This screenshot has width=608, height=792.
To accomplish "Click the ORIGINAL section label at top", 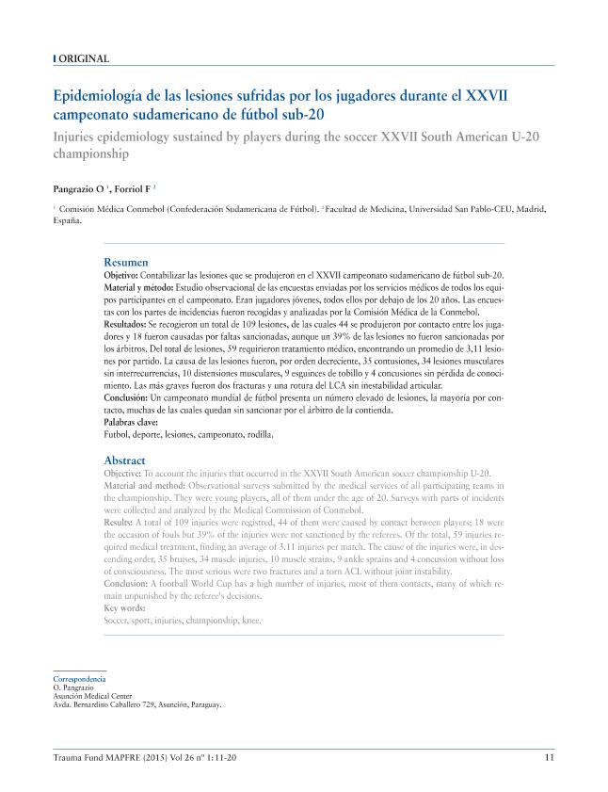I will pos(84,58).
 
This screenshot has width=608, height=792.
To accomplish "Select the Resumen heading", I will pos(125,262).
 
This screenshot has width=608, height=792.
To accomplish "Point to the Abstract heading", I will pos(125,460).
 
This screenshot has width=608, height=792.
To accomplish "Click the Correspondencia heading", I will pos(79,679).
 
